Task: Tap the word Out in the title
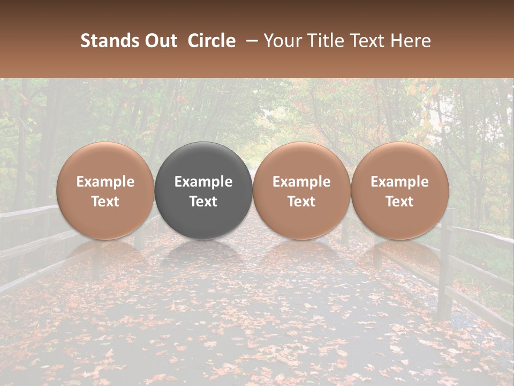159,41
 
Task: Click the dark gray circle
203,190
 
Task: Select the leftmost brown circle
105,190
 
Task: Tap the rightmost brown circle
400,190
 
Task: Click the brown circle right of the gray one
301,190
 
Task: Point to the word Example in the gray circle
203,182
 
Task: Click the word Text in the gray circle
203,202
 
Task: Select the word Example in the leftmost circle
105,182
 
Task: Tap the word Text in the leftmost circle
105,202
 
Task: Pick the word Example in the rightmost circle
400,182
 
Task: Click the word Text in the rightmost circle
400,202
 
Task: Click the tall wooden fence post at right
445,268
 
